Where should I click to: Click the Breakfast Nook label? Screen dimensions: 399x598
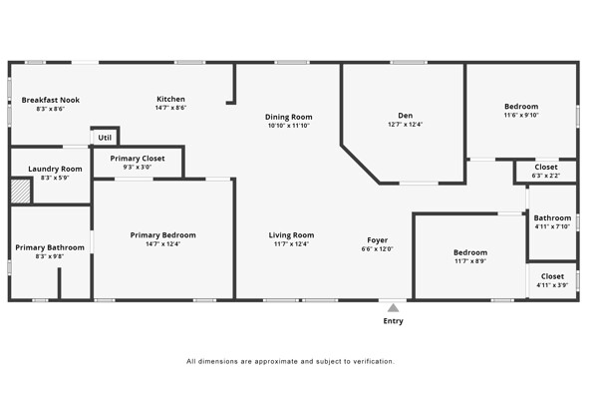tap(51, 100)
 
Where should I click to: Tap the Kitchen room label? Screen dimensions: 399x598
tap(170, 99)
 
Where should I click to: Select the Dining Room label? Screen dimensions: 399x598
tap(288, 117)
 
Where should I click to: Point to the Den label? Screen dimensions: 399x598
tap(405, 115)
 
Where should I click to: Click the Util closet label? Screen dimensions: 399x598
tap(105, 137)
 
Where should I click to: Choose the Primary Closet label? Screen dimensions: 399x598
tap(138, 158)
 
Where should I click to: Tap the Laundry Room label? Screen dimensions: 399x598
tap(55, 169)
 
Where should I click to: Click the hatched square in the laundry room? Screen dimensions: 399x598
tap(21, 191)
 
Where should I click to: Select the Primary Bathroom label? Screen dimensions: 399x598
tap(50, 247)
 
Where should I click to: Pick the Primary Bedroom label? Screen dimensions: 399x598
tap(163, 234)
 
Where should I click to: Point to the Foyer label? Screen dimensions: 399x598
tap(378, 239)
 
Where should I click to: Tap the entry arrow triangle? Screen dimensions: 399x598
tap(394, 307)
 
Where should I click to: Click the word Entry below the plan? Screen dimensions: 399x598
tap(394, 321)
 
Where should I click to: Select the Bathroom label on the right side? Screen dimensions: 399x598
tap(552, 217)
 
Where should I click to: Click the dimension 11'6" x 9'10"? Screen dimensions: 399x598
tap(520, 116)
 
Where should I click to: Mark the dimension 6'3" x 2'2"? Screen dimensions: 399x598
tap(546, 176)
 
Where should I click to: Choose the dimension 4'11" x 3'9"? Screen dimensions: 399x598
tap(552, 285)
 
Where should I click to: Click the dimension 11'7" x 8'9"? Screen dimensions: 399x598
tap(470, 261)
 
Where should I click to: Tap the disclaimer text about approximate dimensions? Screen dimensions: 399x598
tap(291, 361)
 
